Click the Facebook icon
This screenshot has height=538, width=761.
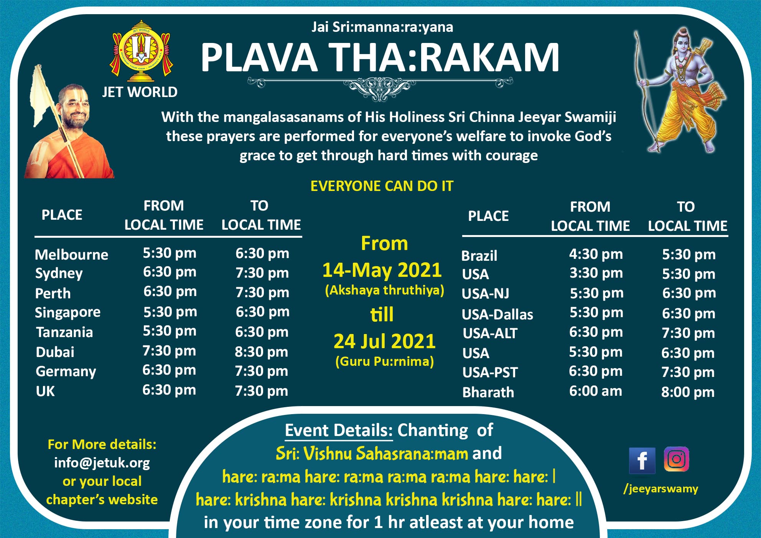642,460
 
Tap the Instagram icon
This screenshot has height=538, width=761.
676,459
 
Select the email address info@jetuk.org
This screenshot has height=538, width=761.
102,463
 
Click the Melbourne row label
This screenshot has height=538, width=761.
72,255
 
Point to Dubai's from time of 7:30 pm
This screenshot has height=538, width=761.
169,351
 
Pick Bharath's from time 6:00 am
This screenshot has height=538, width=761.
595,391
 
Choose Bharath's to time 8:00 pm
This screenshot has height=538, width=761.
688,392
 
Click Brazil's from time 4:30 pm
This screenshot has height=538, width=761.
596,254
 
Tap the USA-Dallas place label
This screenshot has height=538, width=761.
497,314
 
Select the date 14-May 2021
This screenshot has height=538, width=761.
382,270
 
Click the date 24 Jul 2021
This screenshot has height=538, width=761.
385,341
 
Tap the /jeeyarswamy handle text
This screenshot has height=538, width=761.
661,489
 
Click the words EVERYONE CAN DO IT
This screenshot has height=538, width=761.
382,186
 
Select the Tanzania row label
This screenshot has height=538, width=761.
64,332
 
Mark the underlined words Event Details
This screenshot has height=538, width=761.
339,430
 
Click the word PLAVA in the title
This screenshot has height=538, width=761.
259,58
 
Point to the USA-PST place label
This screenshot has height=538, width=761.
490,372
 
